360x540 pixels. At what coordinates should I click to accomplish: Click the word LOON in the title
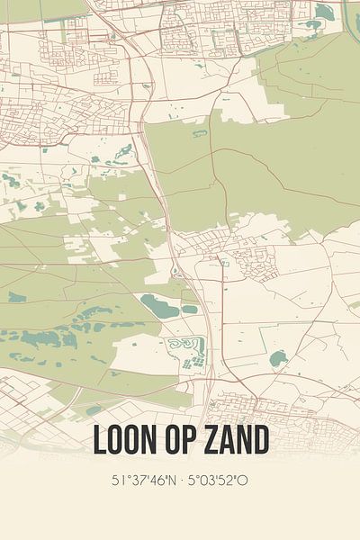click(125, 441)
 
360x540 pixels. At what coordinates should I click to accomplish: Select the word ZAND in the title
click(235, 441)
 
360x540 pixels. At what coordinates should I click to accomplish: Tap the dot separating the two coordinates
click(180, 480)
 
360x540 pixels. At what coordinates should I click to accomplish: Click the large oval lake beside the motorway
click(159, 306)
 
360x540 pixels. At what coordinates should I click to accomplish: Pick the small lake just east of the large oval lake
click(190, 309)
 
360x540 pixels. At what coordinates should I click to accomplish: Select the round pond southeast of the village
click(278, 358)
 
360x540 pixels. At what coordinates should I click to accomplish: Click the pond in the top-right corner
click(324, 12)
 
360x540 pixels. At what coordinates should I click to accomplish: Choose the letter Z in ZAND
click(210, 441)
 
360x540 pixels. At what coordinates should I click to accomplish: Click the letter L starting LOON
click(99, 441)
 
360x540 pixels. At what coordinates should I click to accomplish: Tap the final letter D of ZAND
click(260, 441)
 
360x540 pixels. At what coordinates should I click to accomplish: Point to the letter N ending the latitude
click(171, 480)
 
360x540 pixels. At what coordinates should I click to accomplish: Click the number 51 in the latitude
click(117, 480)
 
